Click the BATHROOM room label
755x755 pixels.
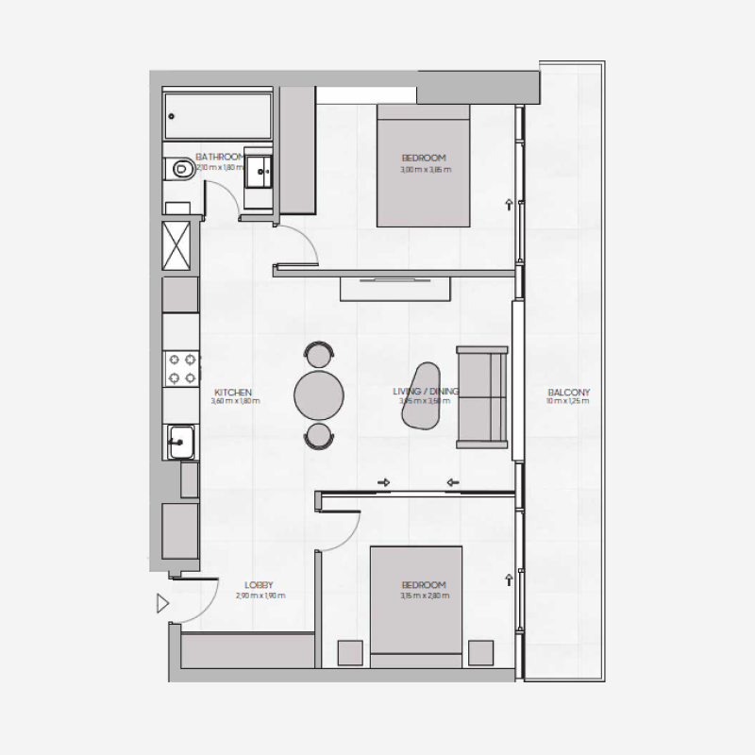[x=220, y=157]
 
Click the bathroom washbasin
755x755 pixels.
[x=259, y=173]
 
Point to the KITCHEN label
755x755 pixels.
[x=233, y=393]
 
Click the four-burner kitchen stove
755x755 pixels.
[x=180, y=368]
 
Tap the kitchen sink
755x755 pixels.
[x=180, y=440]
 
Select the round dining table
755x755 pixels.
[x=318, y=395]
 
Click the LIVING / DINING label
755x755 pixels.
[x=426, y=391]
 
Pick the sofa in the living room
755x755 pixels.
[x=481, y=396]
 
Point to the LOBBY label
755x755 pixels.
[x=259, y=585]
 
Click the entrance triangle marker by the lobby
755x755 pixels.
[x=162, y=601]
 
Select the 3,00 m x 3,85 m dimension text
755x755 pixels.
[x=424, y=170]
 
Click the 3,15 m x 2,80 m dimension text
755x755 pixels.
[x=425, y=596]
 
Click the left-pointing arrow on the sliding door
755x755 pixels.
[x=453, y=483]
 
